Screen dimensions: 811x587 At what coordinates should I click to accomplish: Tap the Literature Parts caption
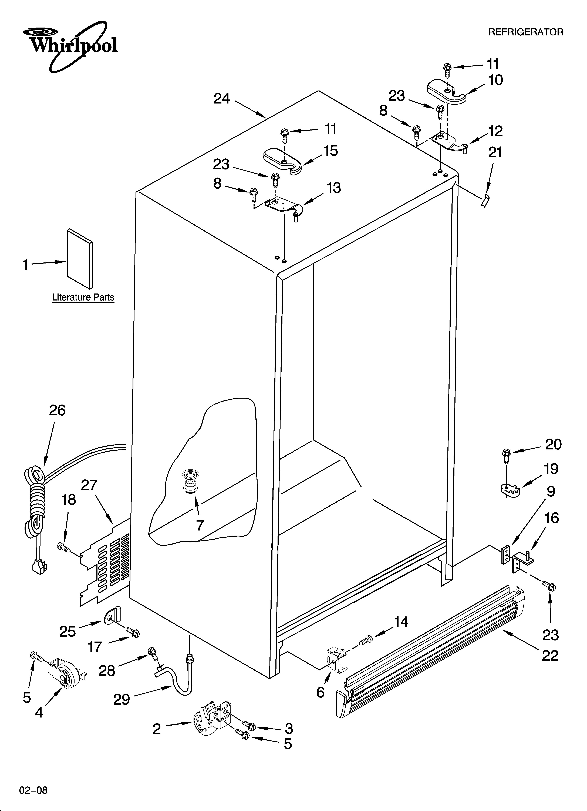(83, 297)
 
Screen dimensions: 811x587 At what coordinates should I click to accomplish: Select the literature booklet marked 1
(79, 258)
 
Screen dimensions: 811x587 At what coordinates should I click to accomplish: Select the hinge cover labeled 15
(282, 161)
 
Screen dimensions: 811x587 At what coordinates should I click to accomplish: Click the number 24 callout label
(222, 99)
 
